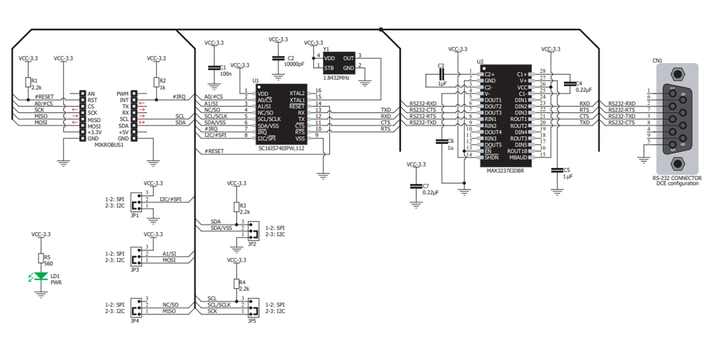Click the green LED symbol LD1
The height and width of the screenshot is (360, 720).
(x=41, y=276)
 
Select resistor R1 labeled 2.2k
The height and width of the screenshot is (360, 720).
(x=28, y=83)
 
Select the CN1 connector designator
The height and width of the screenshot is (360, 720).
(x=657, y=60)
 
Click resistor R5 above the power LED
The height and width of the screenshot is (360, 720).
(x=41, y=258)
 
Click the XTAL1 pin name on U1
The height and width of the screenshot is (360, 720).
(x=296, y=100)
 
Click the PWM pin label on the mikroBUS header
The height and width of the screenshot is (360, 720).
(x=123, y=94)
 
